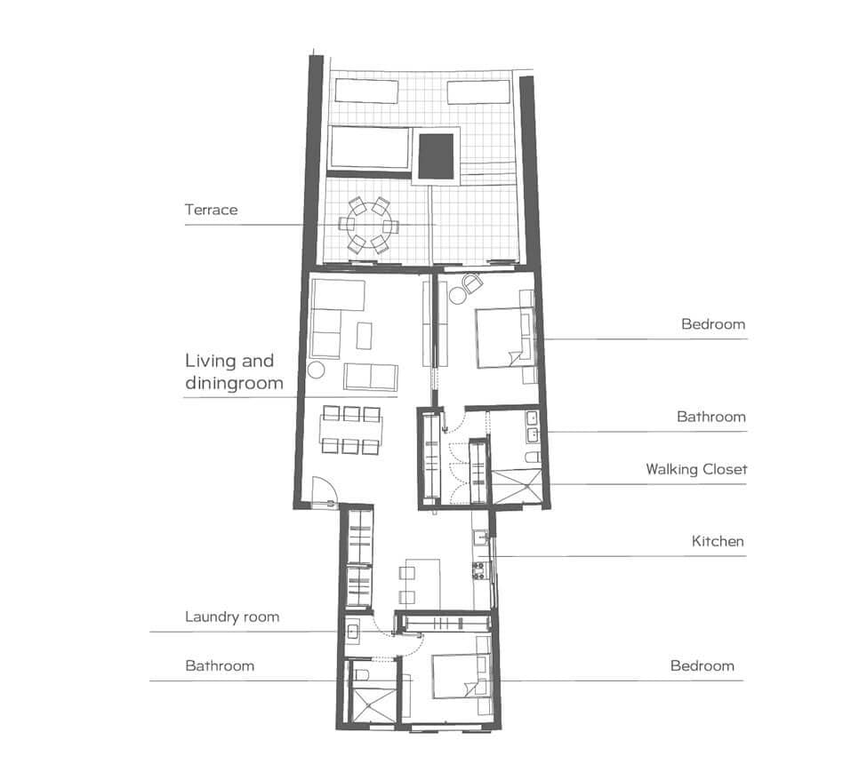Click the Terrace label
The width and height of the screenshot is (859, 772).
click(211, 210)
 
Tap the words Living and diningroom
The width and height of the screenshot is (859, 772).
click(234, 371)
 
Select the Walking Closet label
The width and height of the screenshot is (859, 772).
click(696, 469)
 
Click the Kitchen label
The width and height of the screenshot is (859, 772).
click(718, 541)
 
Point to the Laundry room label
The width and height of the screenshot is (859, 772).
click(232, 617)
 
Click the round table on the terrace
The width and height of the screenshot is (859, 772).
click(368, 225)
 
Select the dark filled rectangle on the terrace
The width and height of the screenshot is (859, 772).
click(436, 156)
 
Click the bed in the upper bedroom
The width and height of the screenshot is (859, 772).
click(505, 338)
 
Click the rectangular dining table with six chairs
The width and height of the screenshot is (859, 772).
click(350, 430)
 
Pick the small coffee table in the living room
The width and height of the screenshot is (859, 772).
click(364, 336)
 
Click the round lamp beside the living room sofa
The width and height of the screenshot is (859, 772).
click(316, 370)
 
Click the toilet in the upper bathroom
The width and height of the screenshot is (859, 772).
click(533, 458)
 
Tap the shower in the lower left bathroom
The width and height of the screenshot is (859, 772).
click(373, 705)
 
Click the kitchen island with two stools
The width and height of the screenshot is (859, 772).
click(422, 584)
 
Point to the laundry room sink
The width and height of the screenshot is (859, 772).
click(353, 632)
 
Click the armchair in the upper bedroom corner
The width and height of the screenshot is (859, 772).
click(471, 283)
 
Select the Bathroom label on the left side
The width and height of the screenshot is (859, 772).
click(220, 666)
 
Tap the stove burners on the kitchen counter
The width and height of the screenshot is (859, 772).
click(479, 570)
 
